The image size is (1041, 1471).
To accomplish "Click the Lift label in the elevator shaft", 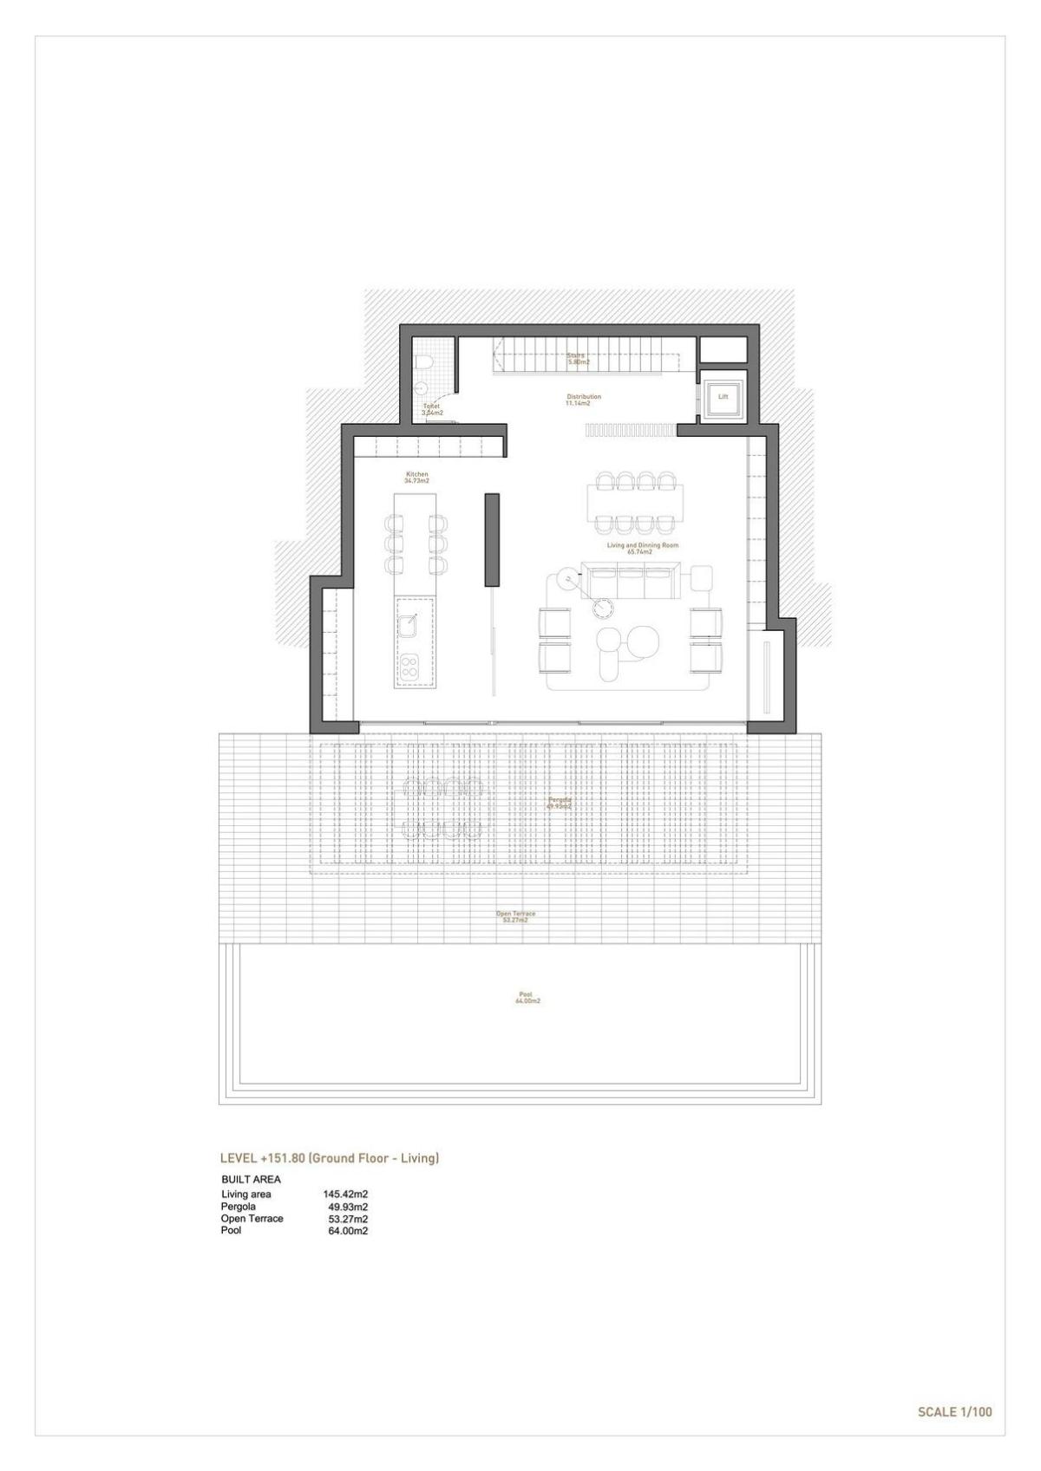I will click(x=723, y=397).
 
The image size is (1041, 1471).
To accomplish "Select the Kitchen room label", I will click(x=417, y=477).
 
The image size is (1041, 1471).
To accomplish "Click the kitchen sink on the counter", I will click(x=409, y=620).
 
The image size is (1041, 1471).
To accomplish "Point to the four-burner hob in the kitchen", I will click(x=409, y=666).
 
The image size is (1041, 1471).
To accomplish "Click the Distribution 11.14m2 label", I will click(x=583, y=400).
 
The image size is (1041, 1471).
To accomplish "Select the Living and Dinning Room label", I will click(x=642, y=548).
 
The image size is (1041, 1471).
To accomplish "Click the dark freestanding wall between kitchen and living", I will click(x=491, y=540).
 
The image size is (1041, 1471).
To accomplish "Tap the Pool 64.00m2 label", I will click(x=527, y=998).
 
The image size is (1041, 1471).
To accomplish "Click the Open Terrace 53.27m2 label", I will click(x=515, y=916).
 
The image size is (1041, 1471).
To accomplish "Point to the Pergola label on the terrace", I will click(x=560, y=802).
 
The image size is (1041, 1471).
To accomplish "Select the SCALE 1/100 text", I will click(x=954, y=1412).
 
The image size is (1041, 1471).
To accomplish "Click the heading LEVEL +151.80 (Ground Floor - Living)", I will click(x=330, y=1158).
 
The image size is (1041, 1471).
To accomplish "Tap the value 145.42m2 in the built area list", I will click(x=345, y=1194).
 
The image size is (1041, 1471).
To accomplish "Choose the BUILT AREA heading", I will click(x=251, y=1179).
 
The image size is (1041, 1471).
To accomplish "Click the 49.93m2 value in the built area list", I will click(x=348, y=1207).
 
